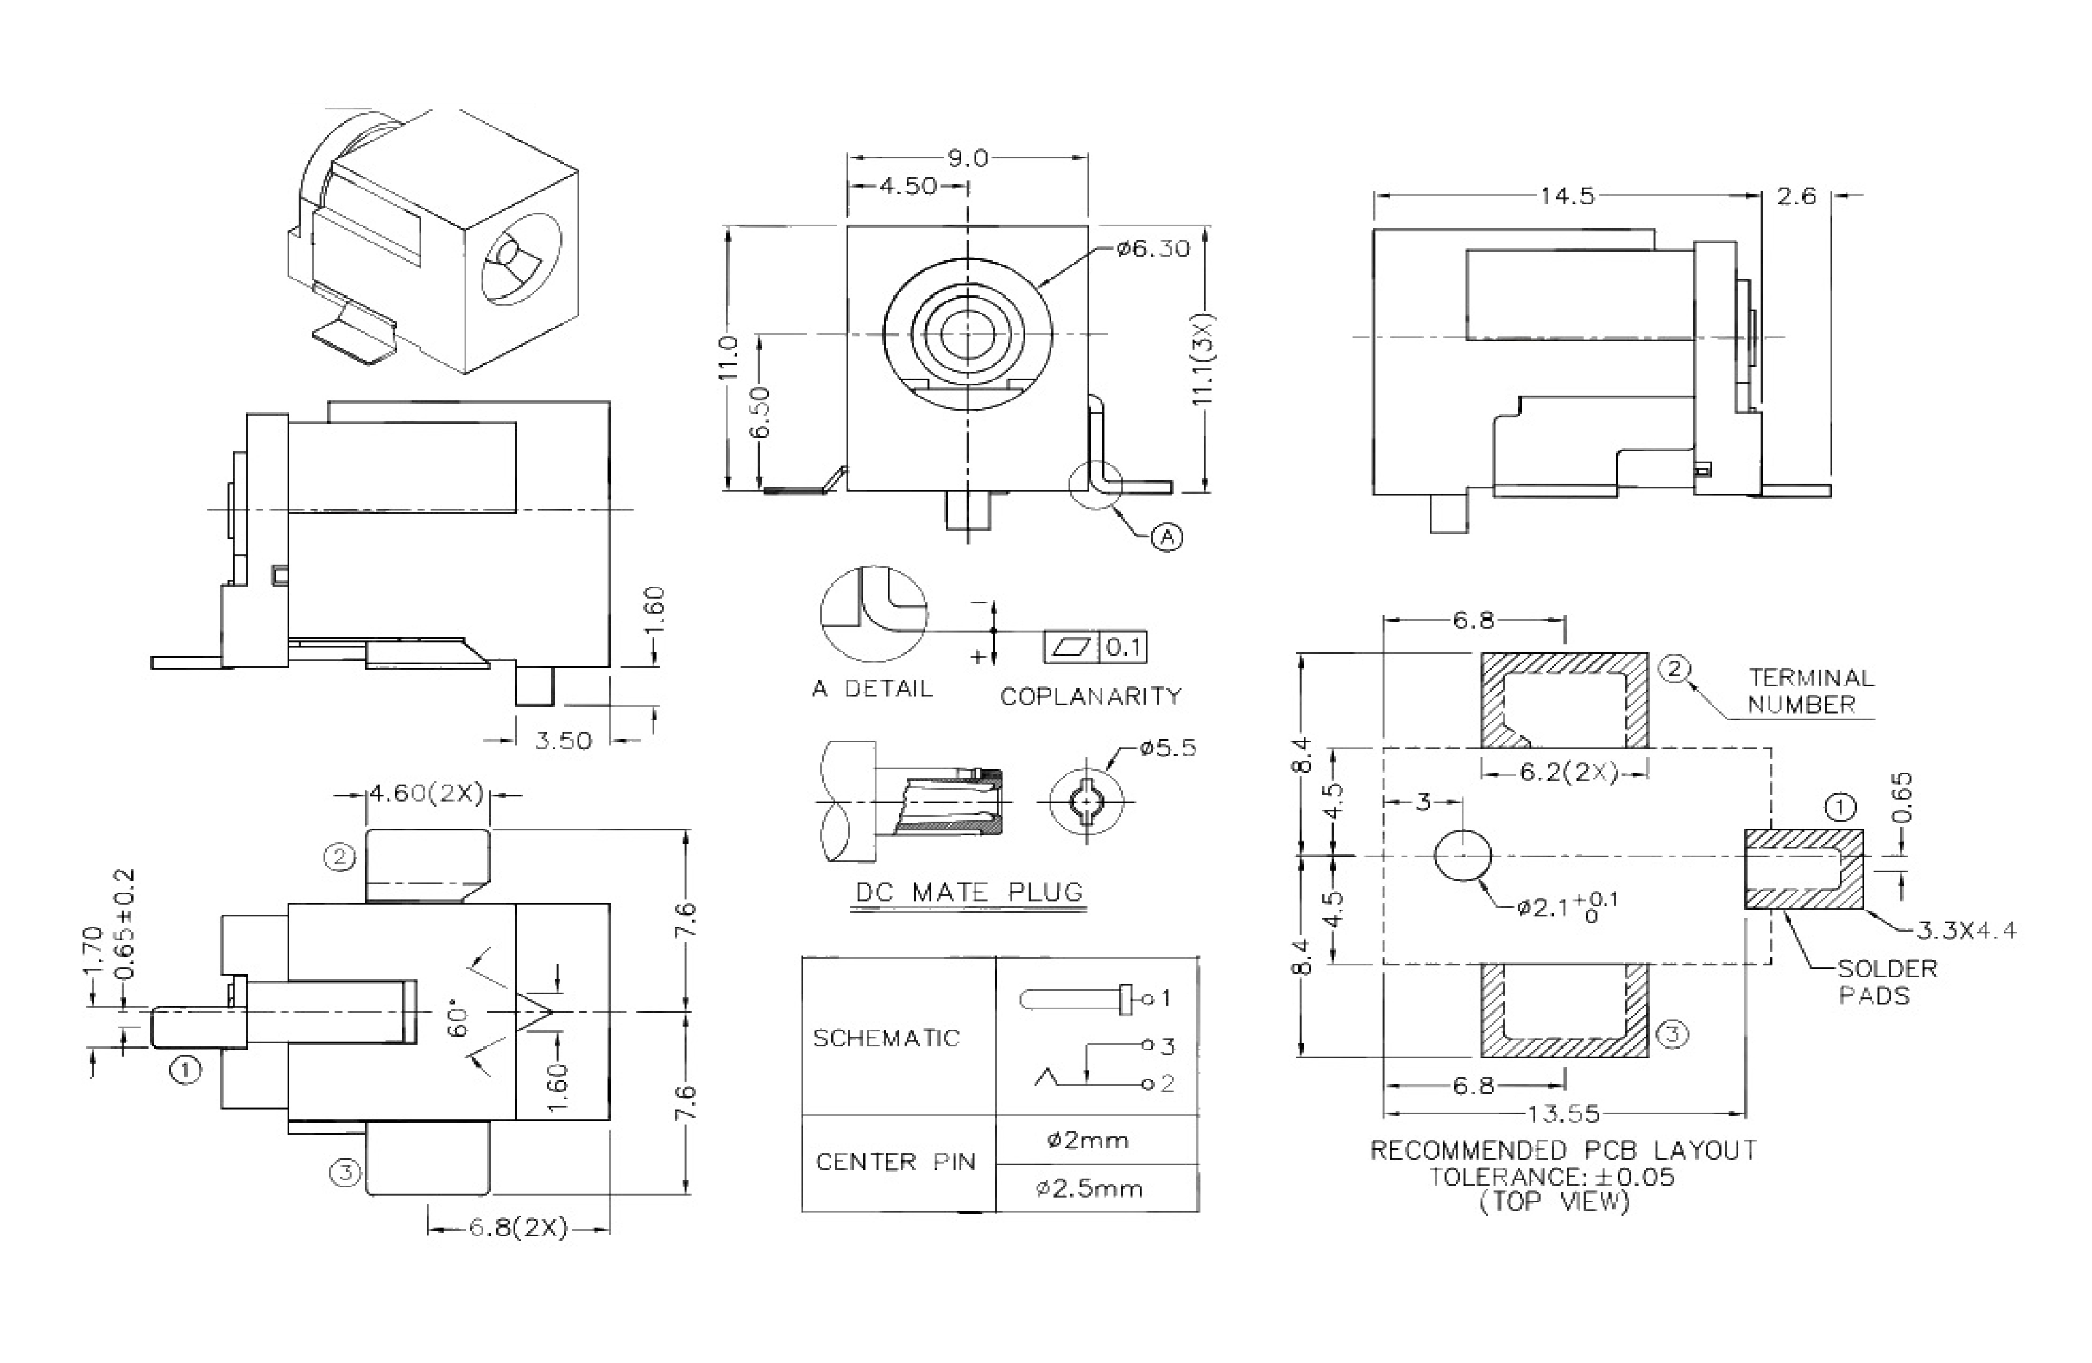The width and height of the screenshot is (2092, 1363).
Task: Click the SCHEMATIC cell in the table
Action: [x=886, y=1038]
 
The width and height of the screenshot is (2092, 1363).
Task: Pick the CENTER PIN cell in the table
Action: [x=895, y=1162]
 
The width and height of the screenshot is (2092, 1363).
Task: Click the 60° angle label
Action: [x=459, y=1019]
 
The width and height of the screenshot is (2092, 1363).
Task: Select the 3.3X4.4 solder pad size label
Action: [x=1966, y=930]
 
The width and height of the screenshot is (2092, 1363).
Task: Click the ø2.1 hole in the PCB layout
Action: [x=1463, y=854]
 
